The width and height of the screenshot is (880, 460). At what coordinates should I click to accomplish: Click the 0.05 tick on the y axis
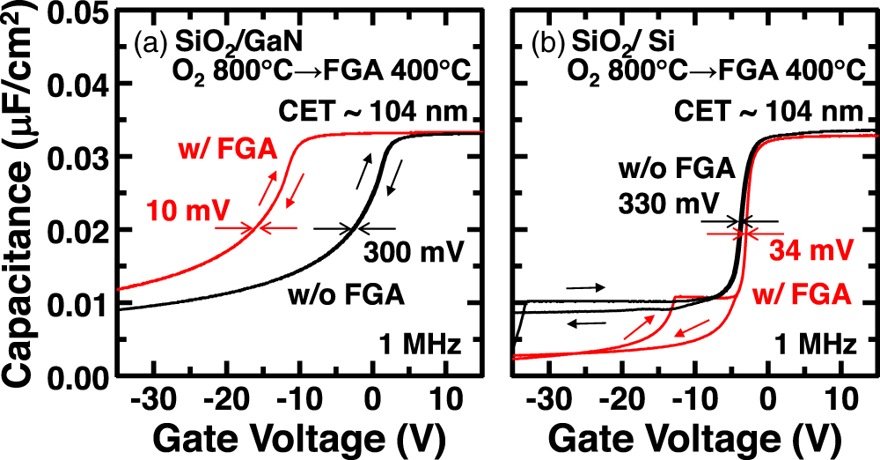tap(79, 12)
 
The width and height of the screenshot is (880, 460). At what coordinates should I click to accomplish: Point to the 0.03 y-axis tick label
tap(79, 158)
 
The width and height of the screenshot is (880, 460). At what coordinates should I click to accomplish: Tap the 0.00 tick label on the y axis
tap(79, 379)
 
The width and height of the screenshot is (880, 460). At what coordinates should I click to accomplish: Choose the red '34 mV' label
tap(810, 250)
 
